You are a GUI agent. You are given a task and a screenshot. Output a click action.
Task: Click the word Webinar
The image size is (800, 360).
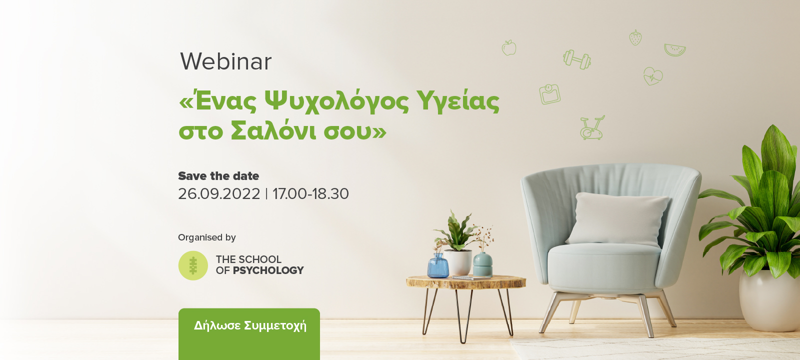tap(225, 61)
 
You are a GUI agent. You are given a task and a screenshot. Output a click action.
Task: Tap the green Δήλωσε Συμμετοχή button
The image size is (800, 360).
tap(249, 333)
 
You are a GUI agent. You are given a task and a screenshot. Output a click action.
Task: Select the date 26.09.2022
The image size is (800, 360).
tap(219, 194)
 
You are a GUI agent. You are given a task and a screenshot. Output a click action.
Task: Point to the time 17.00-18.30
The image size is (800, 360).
tap(310, 194)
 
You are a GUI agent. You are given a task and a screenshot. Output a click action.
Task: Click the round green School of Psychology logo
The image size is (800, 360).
tap(193, 265)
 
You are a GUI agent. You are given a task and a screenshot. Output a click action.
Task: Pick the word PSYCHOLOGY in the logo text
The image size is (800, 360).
tap(268, 270)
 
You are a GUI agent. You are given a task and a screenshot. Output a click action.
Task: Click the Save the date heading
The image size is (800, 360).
tap(218, 175)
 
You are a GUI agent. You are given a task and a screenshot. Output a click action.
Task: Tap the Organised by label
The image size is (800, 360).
tap(207, 237)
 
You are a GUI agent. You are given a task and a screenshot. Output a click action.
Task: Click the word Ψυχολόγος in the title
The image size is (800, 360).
tap(336, 102)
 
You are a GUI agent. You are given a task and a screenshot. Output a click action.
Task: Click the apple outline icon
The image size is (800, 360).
tap(509, 48)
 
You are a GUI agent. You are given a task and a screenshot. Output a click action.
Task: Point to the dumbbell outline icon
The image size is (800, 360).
tap(577, 59)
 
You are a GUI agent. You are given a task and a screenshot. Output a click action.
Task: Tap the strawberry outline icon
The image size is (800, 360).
tap(635, 37)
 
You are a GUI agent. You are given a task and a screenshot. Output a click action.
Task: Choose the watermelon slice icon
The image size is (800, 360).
tap(674, 50)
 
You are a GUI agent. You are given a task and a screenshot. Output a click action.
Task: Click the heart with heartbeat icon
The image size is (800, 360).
tap(653, 76)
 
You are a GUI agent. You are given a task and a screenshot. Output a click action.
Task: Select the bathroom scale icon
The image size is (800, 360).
tap(549, 94)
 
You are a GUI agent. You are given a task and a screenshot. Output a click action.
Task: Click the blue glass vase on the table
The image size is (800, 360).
tap(438, 265)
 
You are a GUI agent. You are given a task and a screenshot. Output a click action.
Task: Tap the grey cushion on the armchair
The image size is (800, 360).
tap(617, 219)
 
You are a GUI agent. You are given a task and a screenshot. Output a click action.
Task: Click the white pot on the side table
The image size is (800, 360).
tap(457, 262)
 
